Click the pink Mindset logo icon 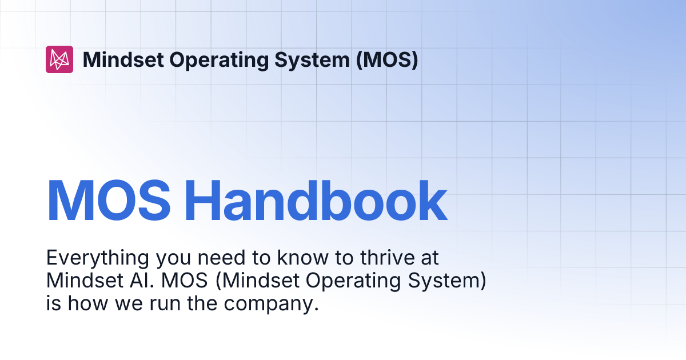point(59,59)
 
